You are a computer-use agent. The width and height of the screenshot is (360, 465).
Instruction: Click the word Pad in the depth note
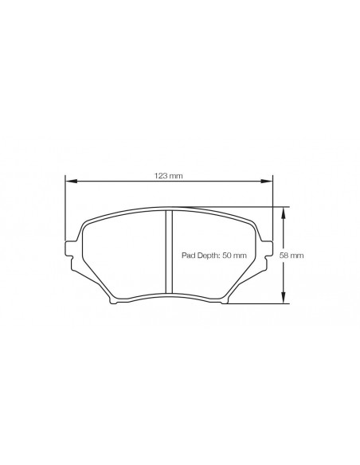tap(190, 256)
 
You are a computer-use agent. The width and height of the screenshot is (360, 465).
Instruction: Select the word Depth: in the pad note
tap(209, 256)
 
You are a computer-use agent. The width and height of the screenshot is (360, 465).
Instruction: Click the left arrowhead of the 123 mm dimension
tap(69, 182)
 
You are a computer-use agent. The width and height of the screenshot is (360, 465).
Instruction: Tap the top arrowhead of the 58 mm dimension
tap(284, 210)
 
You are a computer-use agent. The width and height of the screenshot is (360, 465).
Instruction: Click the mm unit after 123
tap(177, 175)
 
